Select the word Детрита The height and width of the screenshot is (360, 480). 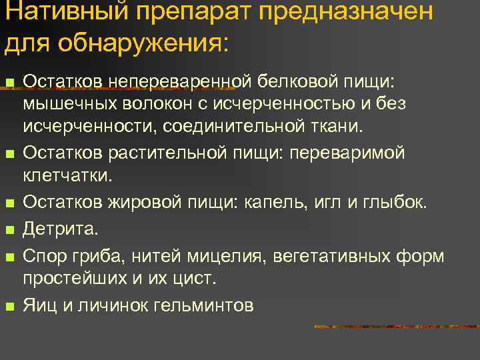(60, 229)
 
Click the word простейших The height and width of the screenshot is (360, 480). (74, 278)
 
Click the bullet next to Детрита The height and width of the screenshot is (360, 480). (9, 231)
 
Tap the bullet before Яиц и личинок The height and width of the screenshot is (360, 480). (9, 307)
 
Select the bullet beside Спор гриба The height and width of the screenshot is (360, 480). (9, 257)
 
